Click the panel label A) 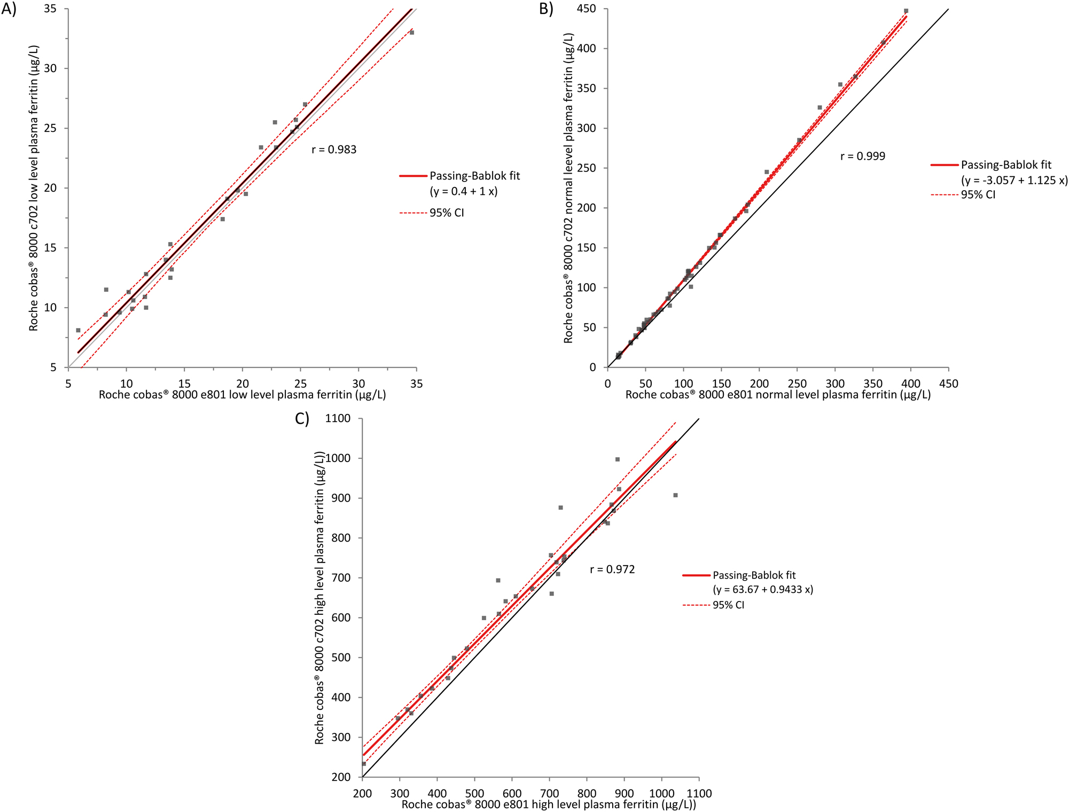(x=9, y=10)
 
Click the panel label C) (x=302, y=418)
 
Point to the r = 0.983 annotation (x=334, y=150)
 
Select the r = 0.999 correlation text (x=863, y=156)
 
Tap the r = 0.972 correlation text (x=612, y=569)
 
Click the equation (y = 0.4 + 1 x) (x=464, y=191)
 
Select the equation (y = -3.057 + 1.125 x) (x=1015, y=180)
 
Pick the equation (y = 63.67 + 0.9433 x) (x=763, y=590)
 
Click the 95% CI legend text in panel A (x=447, y=213)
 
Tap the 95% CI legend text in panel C (x=728, y=605)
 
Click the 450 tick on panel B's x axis (x=949, y=384)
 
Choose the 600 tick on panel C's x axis (x=512, y=793)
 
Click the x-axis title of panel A (x=242, y=395)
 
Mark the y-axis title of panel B (x=568, y=187)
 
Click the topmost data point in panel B (x=906, y=11)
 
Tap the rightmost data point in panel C (x=675, y=495)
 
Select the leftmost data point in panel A (x=78, y=330)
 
